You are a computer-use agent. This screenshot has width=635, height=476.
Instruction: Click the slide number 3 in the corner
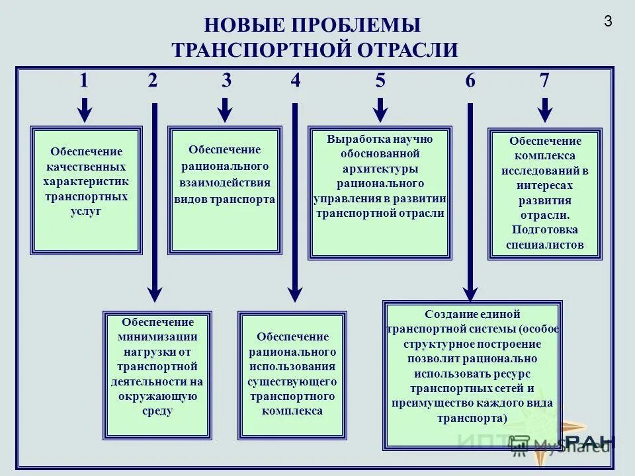608,21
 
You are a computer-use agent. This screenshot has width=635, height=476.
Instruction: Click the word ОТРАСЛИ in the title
408,50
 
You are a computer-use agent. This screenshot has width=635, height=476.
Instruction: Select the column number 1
83,81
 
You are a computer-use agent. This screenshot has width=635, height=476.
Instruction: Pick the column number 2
153,81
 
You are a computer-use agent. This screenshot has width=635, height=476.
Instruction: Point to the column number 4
295,81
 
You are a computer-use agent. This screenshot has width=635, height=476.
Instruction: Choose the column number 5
380,81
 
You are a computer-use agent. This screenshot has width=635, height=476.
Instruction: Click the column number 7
544,81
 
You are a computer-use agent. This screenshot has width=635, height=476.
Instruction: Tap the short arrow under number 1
84,110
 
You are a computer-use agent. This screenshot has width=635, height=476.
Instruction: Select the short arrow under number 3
226,110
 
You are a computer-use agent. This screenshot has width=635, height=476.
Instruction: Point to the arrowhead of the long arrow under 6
470,293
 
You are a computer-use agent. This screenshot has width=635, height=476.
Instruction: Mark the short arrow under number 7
544,110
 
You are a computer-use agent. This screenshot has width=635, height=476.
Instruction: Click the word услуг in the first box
86,212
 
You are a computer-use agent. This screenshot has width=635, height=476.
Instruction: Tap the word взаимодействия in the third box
225,182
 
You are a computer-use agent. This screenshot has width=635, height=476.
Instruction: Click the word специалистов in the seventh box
545,245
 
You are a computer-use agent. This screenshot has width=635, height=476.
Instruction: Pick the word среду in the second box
157,411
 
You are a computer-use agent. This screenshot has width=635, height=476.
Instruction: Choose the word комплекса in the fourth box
292,411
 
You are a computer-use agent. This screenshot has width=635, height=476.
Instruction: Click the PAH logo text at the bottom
591,442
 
